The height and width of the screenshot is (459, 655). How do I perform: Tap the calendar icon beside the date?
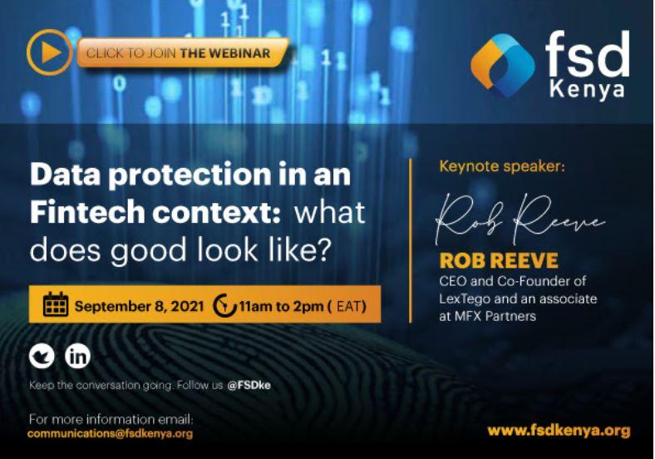[x=56, y=304]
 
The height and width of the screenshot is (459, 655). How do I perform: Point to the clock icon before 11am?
[x=224, y=305]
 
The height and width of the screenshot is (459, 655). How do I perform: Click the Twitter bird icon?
[x=42, y=356]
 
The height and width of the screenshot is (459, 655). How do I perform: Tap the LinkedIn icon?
[x=77, y=356]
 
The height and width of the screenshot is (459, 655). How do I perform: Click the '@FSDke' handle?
[x=249, y=385]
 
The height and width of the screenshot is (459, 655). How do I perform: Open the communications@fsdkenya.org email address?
[x=111, y=433]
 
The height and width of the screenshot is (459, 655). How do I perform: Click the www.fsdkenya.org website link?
[x=558, y=431]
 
